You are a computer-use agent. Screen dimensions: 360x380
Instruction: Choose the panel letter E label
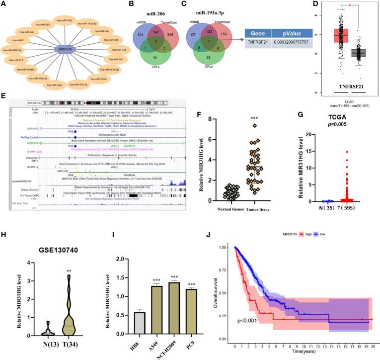pos(4,95)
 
